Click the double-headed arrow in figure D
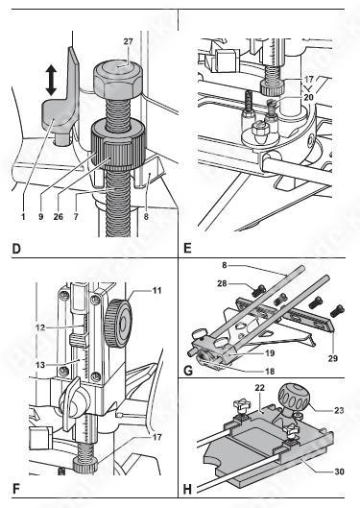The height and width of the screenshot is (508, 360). coord(51,80)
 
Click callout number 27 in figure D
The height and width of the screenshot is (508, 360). coord(129,42)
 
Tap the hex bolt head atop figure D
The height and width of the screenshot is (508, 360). coord(118,81)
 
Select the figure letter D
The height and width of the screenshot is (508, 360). coord(16,249)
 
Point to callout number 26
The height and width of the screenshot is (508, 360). coord(59,216)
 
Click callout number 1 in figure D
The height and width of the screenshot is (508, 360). coord(23,216)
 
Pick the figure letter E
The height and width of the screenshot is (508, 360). coord(187,248)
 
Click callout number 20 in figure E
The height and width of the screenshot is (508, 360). coord(308,97)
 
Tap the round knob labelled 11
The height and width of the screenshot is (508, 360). coord(118,323)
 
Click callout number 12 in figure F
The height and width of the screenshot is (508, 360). coord(40,327)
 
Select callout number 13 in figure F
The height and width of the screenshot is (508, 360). coord(40,365)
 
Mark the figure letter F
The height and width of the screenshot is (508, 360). coord(16,489)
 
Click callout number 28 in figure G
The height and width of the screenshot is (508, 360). coord(222,284)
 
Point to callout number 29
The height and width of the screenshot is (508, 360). coord(332,358)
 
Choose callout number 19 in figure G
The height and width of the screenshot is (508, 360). coord(270,352)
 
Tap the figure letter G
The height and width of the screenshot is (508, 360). coord(188,371)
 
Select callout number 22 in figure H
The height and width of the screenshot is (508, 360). coord(259,388)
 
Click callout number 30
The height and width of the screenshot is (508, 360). coord(339,472)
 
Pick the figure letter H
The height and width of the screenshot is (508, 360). coord(187,489)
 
